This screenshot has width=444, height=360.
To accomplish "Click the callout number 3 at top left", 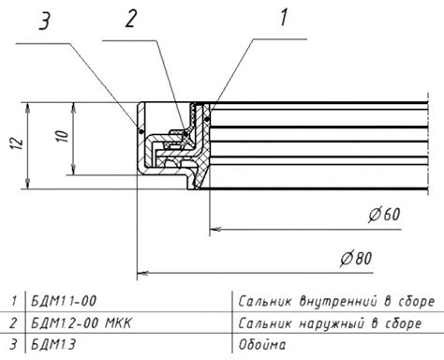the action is click(x=44, y=22).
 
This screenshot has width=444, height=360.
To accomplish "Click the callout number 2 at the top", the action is click(x=131, y=18).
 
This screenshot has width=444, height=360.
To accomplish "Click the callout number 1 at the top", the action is click(x=284, y=17).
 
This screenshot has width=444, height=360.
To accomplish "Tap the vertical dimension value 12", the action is click(x=18, y=143).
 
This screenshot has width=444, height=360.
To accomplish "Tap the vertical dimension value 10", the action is click(x=62, y=136).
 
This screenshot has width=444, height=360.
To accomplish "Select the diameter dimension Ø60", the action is click(x=384, y=215).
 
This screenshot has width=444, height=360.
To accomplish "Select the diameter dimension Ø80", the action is click(x=356, y=259).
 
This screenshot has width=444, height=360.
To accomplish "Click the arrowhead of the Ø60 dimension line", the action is click(x=215, y=229).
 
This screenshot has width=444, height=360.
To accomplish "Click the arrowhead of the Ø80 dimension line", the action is click(x=142, y=273).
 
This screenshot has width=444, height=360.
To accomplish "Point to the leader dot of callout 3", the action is click(x=141, y=131).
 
